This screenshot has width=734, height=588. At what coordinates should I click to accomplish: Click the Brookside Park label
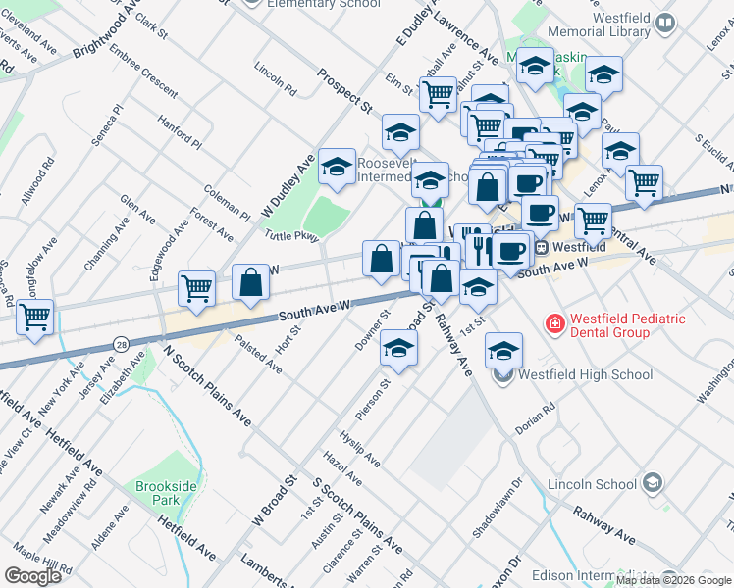point(158,492)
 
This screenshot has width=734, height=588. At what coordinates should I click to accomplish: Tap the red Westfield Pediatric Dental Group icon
point(554,322)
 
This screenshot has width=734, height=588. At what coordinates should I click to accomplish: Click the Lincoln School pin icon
point(652,482)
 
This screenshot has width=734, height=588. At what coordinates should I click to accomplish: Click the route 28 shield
point(121,344)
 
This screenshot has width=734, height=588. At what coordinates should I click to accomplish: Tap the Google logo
point(32,576)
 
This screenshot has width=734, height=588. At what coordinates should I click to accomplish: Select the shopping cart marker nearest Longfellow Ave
point(35,317)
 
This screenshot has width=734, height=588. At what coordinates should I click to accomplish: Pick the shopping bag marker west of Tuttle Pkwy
point(251,281)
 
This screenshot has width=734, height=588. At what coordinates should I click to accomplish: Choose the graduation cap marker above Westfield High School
point(503,350)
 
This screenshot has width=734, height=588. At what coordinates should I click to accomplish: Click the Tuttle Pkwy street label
point(291,235)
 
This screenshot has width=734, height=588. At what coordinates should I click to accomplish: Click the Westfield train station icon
point(540,247)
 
